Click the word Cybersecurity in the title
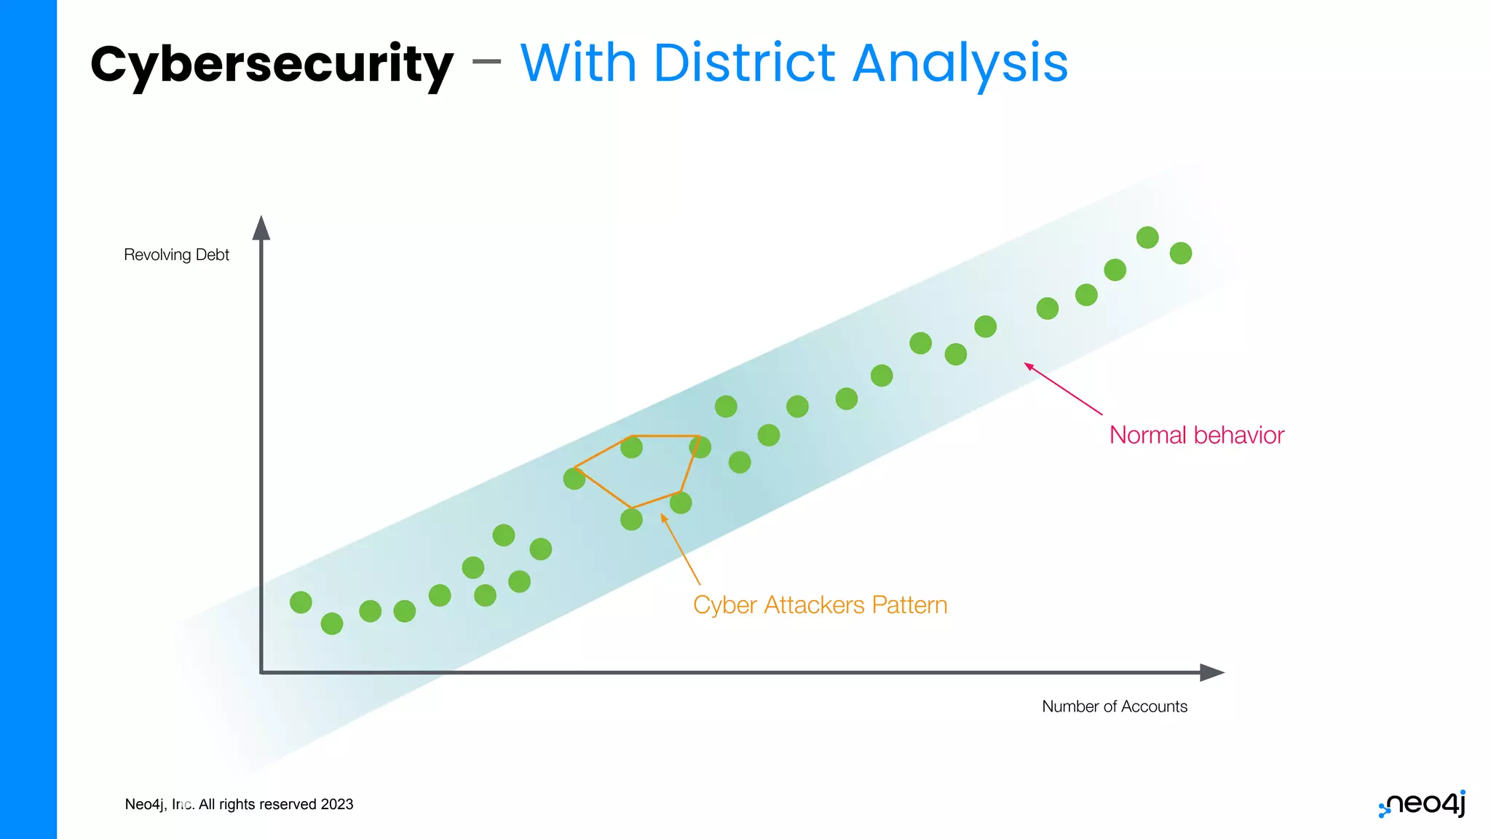[272, 64]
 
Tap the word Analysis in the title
[960, 64]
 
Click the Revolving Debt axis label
[176, 255]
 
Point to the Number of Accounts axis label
[1114, 706]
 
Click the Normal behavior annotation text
[1196, 436]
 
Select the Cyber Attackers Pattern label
[820, 605]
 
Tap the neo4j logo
[1423, 804]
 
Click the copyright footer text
[239, 804]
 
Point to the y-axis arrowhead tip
[261, 218]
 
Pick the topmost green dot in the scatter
[1147, 237]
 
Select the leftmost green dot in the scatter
[301, 602]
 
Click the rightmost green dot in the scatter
[1181, 253]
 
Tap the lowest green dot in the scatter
[332, 623]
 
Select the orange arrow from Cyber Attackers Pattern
[681, 550]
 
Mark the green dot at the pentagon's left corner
[574, 478]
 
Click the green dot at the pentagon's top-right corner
[700, 446]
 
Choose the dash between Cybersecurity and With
[486, 62]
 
